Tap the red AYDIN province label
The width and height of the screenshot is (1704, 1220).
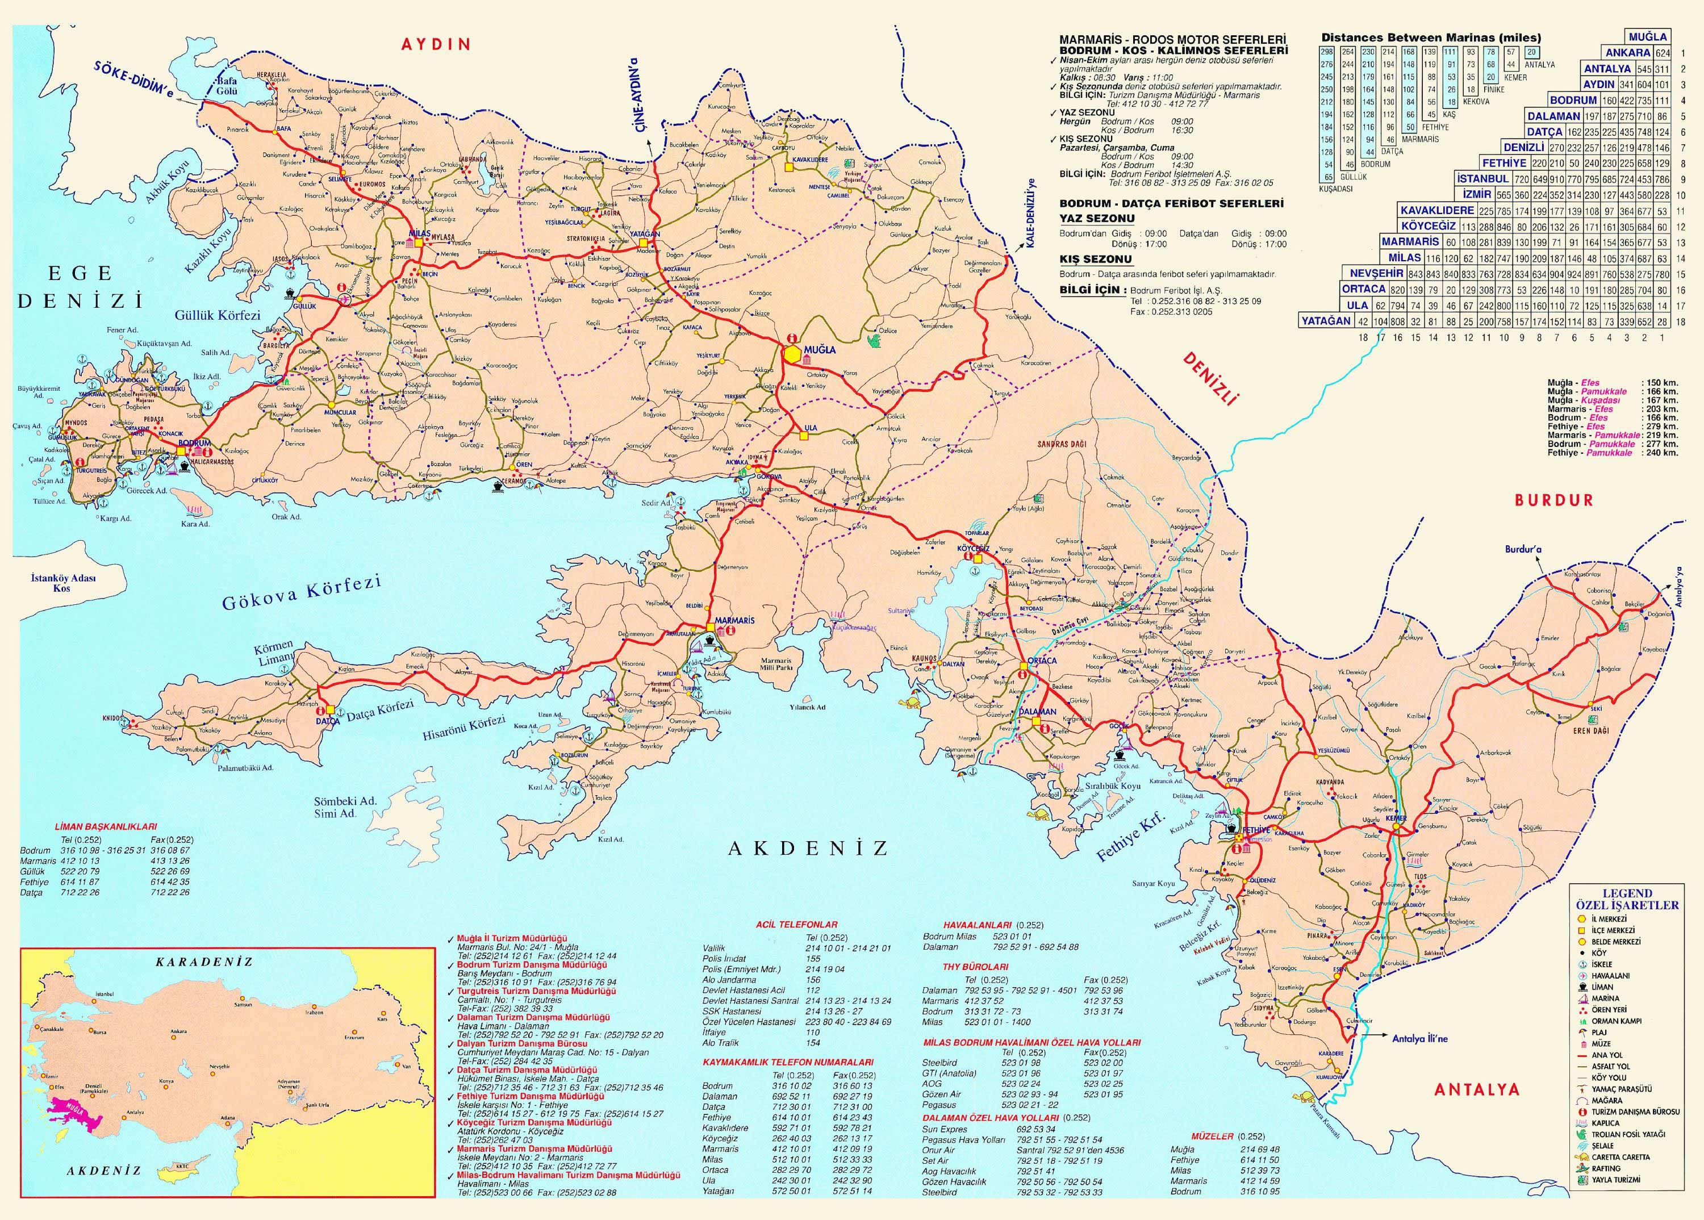436,44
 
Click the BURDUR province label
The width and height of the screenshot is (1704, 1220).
1553,500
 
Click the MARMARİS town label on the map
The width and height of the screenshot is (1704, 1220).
734,621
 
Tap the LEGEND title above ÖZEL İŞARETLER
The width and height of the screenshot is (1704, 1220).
1627,893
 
